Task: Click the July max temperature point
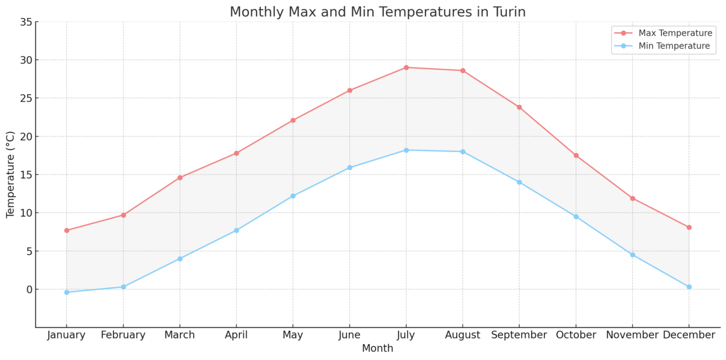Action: click(x=406, y=67)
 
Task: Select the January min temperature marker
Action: click(x=66, y=292)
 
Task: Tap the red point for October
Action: click(x=576, y=155)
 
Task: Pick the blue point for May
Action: click(x=293, y=196)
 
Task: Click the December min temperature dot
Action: click(x=689, y=287)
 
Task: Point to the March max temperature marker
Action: click(x=180, y=177)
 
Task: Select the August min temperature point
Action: click(x=463, y=151)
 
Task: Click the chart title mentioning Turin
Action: click(x=377, y=11)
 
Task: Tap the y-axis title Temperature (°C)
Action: click(x=11, y=174)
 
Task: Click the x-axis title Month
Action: click(x=377, y=348)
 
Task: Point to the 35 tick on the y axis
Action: click(x=26, y=22)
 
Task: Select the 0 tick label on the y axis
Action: click(x=29, y=289)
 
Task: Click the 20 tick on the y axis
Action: click(x=26, y=137)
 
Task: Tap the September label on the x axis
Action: click(x=519, y=335)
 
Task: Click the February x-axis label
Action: click(x=123, y=335)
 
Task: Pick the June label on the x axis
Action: click(x=349, y=335)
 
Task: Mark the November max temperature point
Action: click(x=632, y=198)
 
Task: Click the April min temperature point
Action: click(x=237, y=230)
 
